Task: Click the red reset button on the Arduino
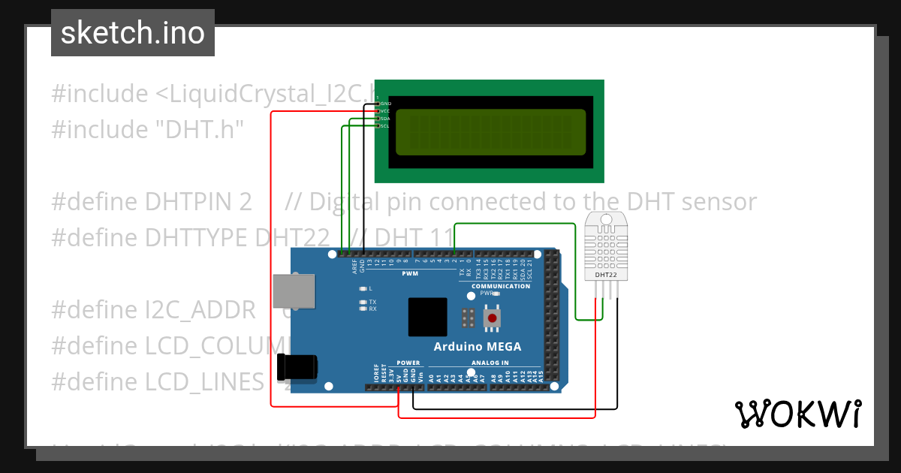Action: pos(493,318)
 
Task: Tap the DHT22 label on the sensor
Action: pos(606,275)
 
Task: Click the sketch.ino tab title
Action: pos(133,33)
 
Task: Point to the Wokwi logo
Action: pos(797,414)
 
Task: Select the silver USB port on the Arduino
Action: pos(294,291)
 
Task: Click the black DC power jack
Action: pos(297,367)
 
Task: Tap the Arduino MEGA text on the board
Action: pos(477,346)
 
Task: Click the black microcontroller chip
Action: pos(428,317)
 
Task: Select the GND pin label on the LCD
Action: pos(386,103)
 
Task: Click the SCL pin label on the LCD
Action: pos(384,125)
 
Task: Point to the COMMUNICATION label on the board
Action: pos(501,286)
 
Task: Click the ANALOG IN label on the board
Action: pos(490,363)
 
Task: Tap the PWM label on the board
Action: pos(410,274)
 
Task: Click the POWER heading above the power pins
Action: pos(408,363)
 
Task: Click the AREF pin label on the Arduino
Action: pos(354,267)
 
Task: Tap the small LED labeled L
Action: pos(363,288)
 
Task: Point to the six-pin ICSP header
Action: pos(468,318)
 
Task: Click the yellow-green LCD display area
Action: pos(490,132)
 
